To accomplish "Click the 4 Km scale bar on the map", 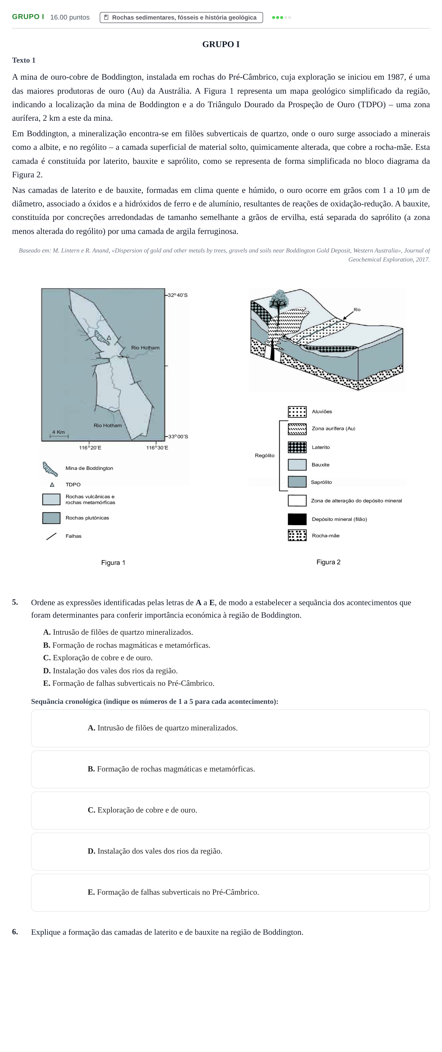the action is click(59, 436).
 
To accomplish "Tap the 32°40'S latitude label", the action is click(178, 295).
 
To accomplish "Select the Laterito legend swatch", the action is click(297, 447).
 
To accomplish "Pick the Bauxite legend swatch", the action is click(297, 465).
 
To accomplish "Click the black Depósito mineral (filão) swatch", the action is click(297, 519).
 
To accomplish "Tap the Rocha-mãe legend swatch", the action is click(297, 536).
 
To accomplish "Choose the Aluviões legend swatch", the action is click(297, 412).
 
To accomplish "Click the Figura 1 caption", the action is click(113, 563).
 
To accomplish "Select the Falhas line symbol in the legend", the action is click(51, 536).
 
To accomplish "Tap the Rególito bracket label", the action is click(265, 455).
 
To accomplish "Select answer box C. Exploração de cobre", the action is click(230, 810).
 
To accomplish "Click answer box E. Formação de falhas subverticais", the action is click(230, 892).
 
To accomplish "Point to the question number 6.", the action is click(15, 932).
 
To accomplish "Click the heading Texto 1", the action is click(24, 60).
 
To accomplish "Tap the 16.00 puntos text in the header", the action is click(70, 17).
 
